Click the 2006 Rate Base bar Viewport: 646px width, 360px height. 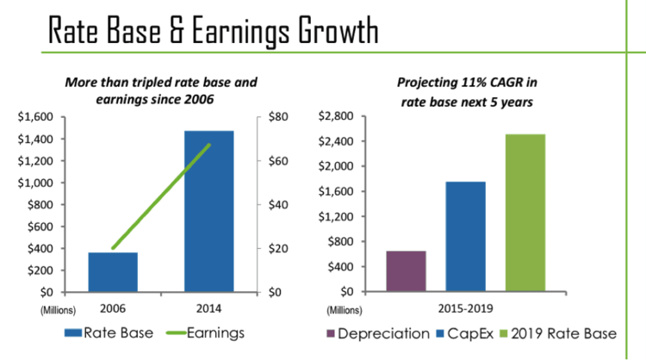point(114,272)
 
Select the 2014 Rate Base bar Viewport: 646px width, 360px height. point(209,211)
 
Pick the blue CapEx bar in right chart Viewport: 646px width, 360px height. point(465,237)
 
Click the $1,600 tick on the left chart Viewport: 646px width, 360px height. point(35,116)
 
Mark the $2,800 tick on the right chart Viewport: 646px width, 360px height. point(338,116)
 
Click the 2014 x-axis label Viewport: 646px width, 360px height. point(210,307)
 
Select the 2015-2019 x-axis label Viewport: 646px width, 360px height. point(465,307)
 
